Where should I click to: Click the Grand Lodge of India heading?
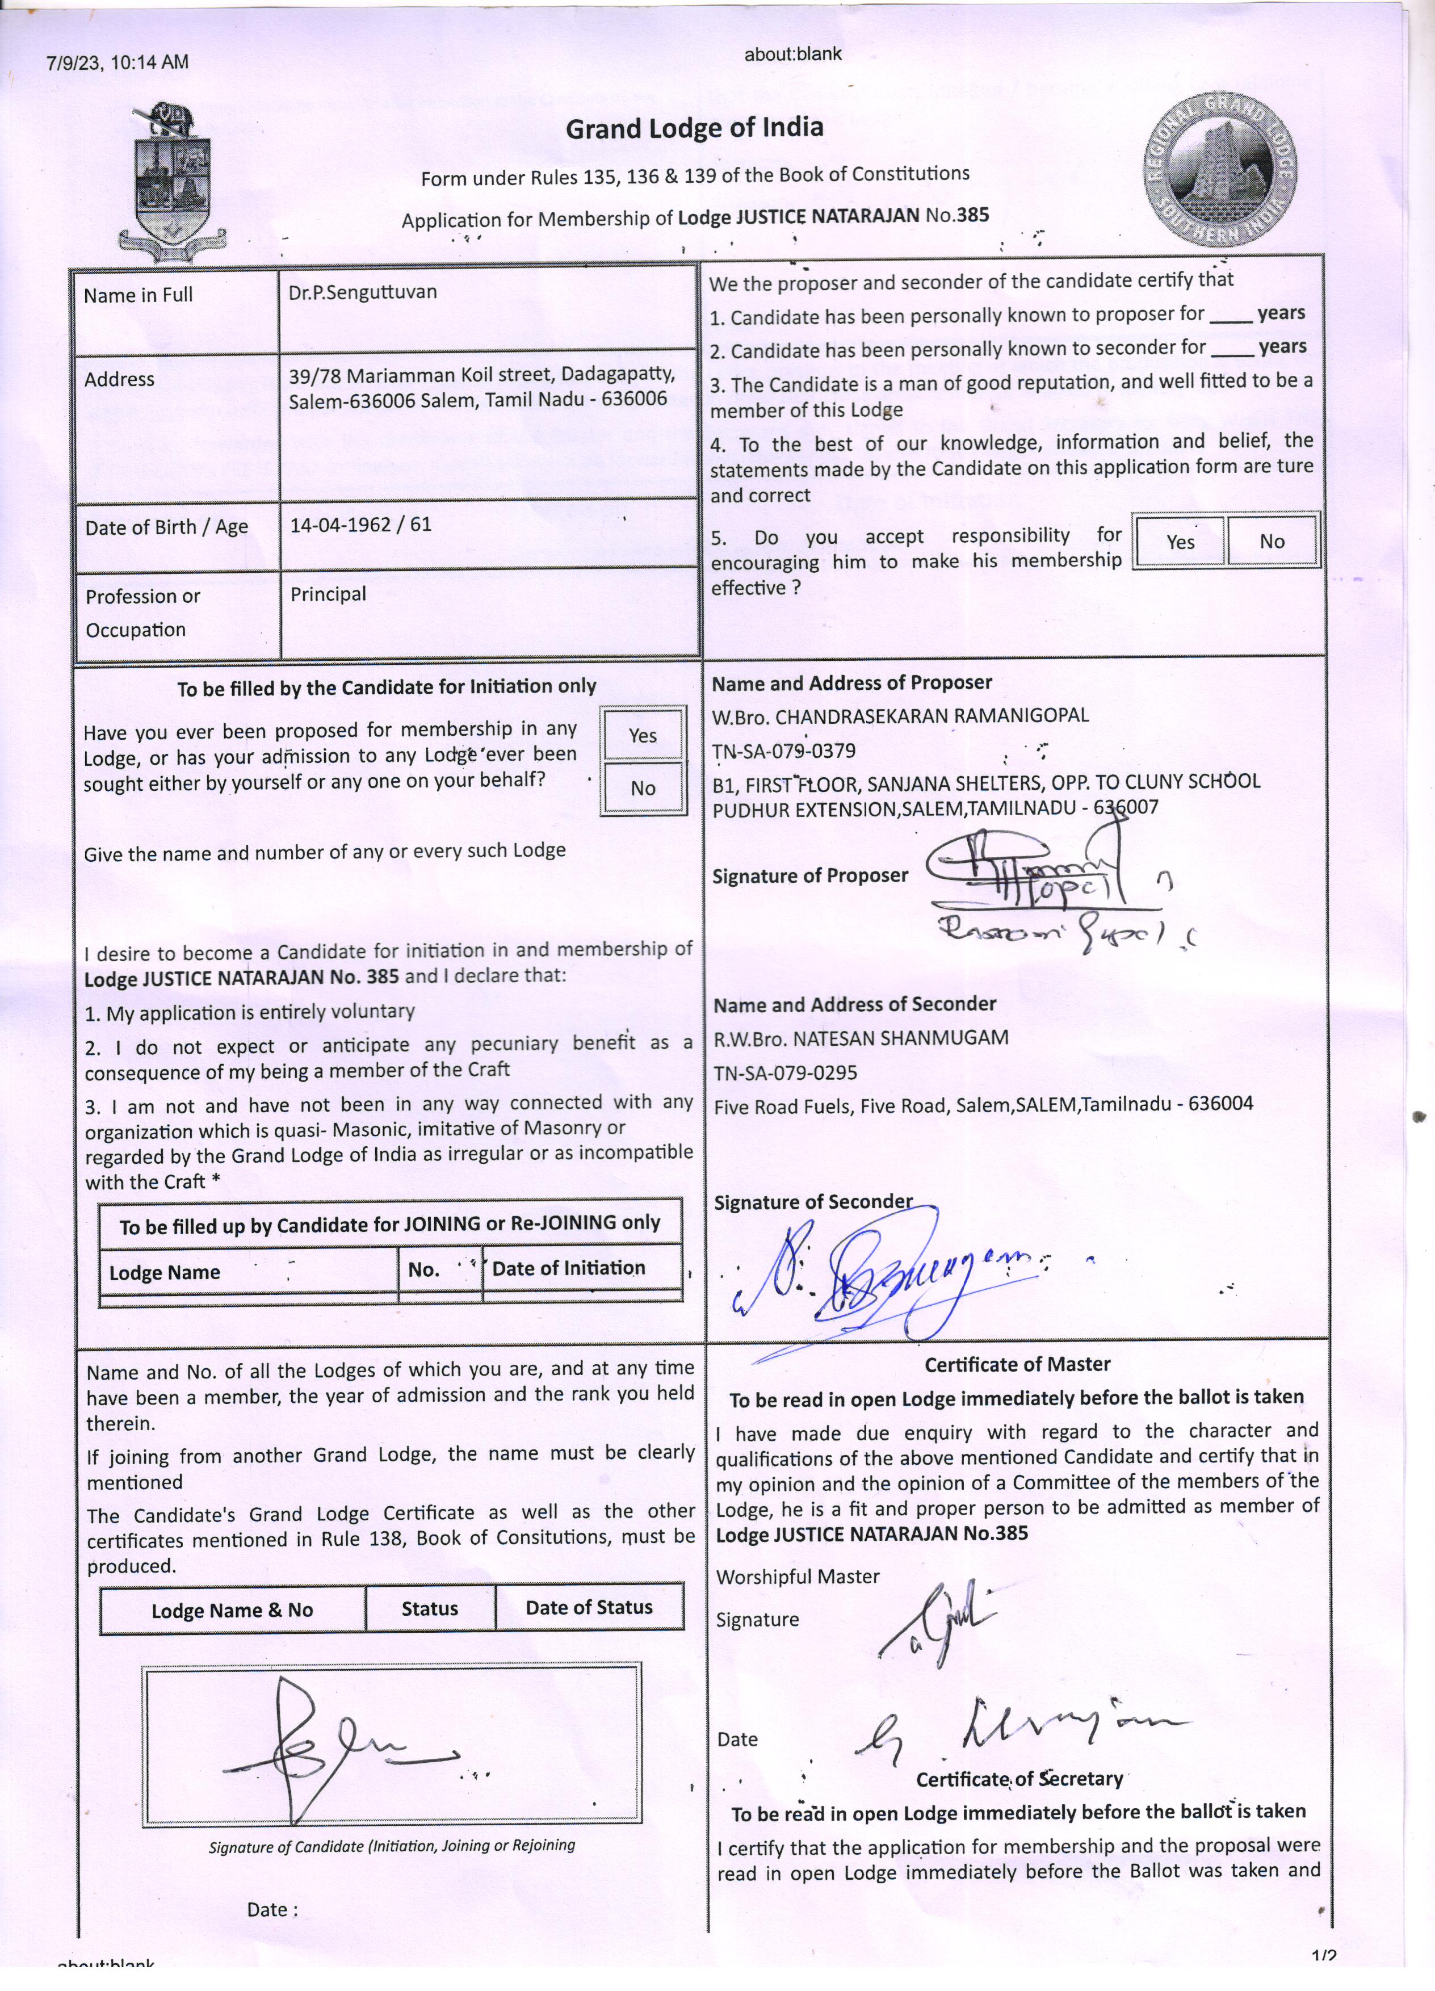(694, 128)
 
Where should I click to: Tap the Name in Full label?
(138, 295)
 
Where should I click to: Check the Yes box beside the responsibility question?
(1180, 541)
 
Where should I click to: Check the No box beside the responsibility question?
(1271, 541)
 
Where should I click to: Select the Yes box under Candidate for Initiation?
(643, 735)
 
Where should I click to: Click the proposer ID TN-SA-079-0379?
(784, 751)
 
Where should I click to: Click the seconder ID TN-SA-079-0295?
(786, 1072)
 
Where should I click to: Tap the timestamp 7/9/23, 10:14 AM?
(118, 61)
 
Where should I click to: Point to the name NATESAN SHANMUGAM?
(900, 1038)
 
